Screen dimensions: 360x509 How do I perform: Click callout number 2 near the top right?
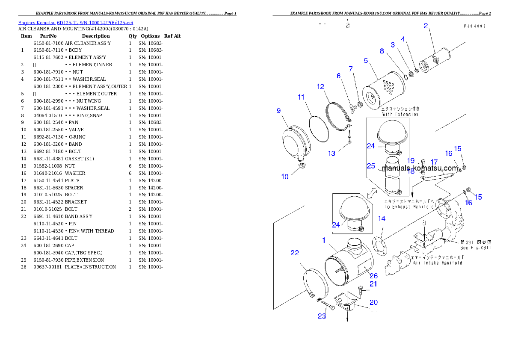point(426,26)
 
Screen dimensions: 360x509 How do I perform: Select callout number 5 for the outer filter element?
point(366,60)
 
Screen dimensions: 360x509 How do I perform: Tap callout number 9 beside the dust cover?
point(278,111)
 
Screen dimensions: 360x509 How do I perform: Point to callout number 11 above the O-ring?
point(301,97)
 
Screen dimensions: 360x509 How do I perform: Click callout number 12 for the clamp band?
point(321,86)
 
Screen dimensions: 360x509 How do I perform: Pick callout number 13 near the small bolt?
point(332,153)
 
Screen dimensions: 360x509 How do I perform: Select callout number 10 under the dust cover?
point(285,177)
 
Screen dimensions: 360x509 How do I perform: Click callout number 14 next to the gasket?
point(382,218)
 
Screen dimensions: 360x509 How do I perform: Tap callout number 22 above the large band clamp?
point(295,253)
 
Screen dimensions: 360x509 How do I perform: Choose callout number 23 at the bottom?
point(322,316)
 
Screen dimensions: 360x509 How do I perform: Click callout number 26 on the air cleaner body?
point(373,276)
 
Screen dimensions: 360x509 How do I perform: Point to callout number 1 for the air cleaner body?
point(324,241)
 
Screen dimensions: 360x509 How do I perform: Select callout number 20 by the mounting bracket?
point(373,302)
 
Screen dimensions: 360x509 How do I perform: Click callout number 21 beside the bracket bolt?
point(373,284)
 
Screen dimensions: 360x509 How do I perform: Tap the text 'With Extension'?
point(394,114)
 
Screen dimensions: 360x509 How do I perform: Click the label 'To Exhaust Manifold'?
point(409,207)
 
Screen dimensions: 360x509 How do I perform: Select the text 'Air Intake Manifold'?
point(438,263)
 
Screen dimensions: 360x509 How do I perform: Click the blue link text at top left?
point(75,22)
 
